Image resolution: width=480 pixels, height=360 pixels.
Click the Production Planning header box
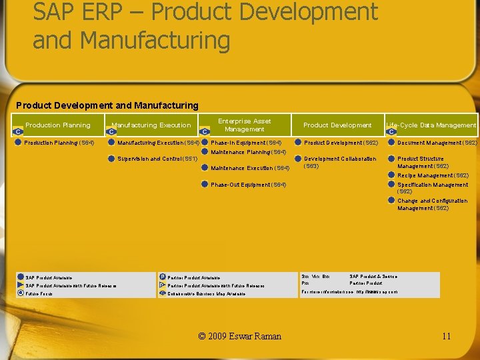pyautogui.click(x=58, y=125)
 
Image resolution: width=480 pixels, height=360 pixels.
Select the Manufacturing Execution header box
pyautogui.click(x=151, y=125)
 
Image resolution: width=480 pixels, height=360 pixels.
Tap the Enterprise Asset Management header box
pyautogui.click(x=245, y=125)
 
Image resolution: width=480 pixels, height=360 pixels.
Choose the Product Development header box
pyautogui.click(x=337, y=125)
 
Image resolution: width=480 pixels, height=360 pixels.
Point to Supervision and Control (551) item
pyautogui.click(x=157, y=159)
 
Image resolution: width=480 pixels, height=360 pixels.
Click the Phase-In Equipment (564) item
pyautogui.click(x=246, y=143)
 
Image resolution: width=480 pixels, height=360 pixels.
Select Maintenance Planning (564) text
pyautogui.click(x=248, y=152)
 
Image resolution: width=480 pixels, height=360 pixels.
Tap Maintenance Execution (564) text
pyautogui.click(x=250, y=168)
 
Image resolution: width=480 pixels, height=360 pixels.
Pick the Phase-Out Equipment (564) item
pyautogui.click(x=248, y=185)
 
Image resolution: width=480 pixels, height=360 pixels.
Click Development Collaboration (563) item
pyautogui.click(x=340, y=162)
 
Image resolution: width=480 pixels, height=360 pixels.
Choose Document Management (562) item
pyautogui.click(x=437, y=143)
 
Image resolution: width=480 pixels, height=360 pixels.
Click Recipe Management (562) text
pyautogui.click(x=433, y=175)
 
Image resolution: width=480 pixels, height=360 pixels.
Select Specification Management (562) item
pyautogui.click(x=433, y=188)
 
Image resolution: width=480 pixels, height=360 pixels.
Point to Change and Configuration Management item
pyautogui.click(x=433, y=204)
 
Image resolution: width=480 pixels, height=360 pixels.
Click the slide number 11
pyautogui.click(x=446, y=336)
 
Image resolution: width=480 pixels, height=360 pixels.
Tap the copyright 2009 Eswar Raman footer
pyautogui.click(x=240, y=336)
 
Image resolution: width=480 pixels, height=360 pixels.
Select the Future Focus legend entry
pyautogui.click(x=39, y=293)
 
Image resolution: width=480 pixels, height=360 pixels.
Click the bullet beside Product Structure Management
pyautogui.click(x=391, y=159)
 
